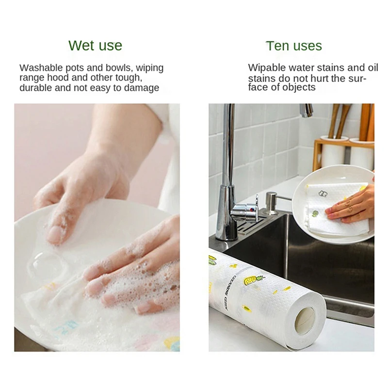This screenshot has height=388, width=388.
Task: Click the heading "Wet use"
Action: pyautogui.click(x=95, y=46)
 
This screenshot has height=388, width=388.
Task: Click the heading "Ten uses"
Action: pyautogui.click(x=293, y=46)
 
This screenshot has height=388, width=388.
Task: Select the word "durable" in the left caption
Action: pyautogui.click(x=35, y=88)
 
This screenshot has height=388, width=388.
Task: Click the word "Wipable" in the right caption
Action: pyautogui.click(x=265, y=68)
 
